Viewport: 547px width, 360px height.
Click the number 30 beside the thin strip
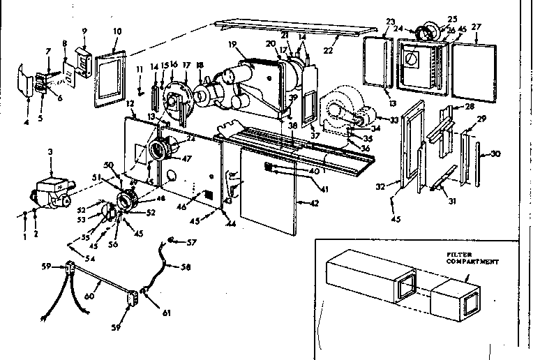pos(496,154)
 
